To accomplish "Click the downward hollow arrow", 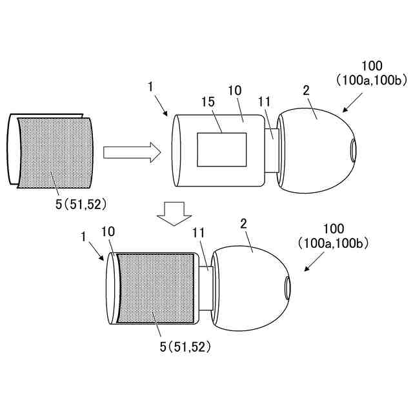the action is [x=174, y=213].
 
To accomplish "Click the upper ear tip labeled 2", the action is [x=313, y=152].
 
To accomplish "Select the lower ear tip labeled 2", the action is [x=248, y=284].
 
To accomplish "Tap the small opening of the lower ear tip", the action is [x=287, y=284].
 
